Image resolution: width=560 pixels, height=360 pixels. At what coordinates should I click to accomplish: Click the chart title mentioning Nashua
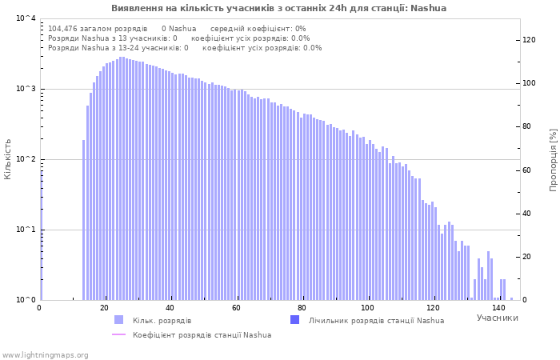pyautogui.click(x=278, y=8)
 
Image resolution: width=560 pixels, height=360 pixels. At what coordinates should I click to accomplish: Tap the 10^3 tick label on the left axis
pyautogui.click(x=26, y=89)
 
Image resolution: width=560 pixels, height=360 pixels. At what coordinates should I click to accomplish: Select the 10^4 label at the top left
pyautogui.click(x=26, y=18)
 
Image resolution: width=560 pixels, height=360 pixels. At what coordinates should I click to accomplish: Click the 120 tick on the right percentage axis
pyautogui.click(x=529, y=40)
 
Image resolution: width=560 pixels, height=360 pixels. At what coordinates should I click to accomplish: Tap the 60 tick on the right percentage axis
pyautogui.click(x=526, y=170)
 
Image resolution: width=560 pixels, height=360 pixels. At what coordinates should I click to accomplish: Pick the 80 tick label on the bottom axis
pyautogui.click(x=302, y=308)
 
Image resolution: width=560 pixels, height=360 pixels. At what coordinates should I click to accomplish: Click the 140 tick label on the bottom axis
pyautogui.click(x=498, y=308)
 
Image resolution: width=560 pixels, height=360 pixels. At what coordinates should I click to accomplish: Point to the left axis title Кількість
pyautogui.click(x=7, y=159)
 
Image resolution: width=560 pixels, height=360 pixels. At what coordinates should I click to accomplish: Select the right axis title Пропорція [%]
pyautogui.click(x=553, y=160)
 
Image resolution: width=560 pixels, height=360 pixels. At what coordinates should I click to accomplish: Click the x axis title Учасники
pyautogui.click(x=497, y=318)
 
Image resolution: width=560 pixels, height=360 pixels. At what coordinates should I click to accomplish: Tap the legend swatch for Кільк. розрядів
pyautogui.click(x=119, y=320)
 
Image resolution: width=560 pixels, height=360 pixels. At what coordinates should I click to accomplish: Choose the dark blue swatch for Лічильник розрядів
pyautogui.click(x=294, y=320)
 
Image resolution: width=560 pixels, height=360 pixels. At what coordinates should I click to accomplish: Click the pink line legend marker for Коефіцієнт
pyautogui.click(x=119, y=334)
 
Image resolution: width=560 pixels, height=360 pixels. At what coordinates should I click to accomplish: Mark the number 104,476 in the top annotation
pyautogui.click(x=62, y=29)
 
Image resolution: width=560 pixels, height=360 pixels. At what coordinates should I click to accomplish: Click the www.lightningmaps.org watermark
pyautogui.click(x=45, y=355)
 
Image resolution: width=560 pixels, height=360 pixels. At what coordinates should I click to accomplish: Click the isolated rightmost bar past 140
pyautogui.click(x=512, y=299)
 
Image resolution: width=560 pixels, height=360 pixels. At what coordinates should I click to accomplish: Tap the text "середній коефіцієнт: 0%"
pyautogui.click(x=258, y=29)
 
